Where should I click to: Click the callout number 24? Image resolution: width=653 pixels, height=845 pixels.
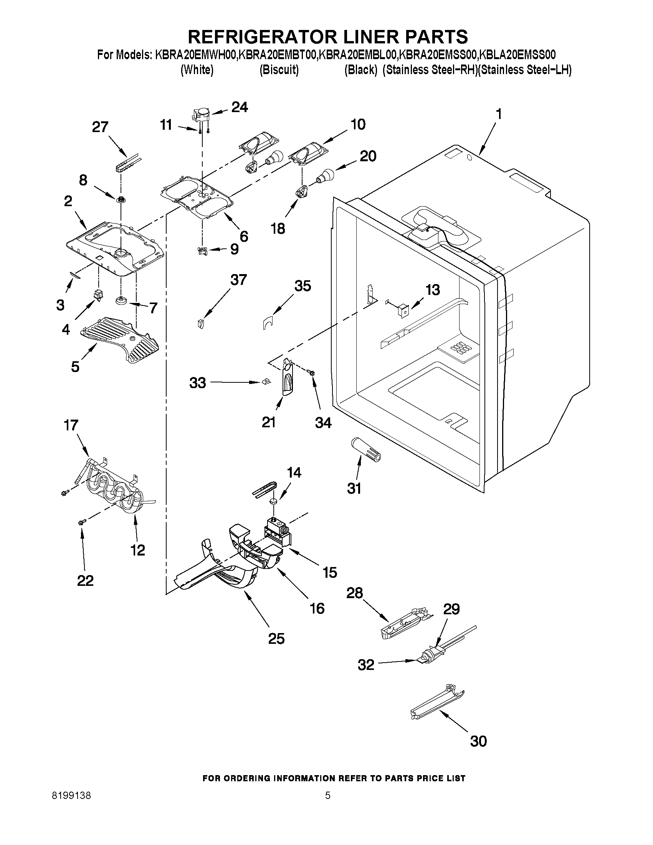[x=240, y=107]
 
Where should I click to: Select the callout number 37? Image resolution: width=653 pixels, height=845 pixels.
[x=238, y=279]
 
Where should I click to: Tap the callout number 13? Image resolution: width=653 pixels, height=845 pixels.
[x=433, y=289]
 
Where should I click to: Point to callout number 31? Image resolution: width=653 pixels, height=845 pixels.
[x=354, y=488]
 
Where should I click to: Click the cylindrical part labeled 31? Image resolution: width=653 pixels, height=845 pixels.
[x=365, y=449]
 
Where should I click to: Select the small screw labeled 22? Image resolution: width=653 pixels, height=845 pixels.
[x=81, y=523]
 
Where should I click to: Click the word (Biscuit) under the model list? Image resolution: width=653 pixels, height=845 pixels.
[x=279, y=70]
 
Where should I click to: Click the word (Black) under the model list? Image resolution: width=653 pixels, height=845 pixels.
[x=360, y=70]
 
